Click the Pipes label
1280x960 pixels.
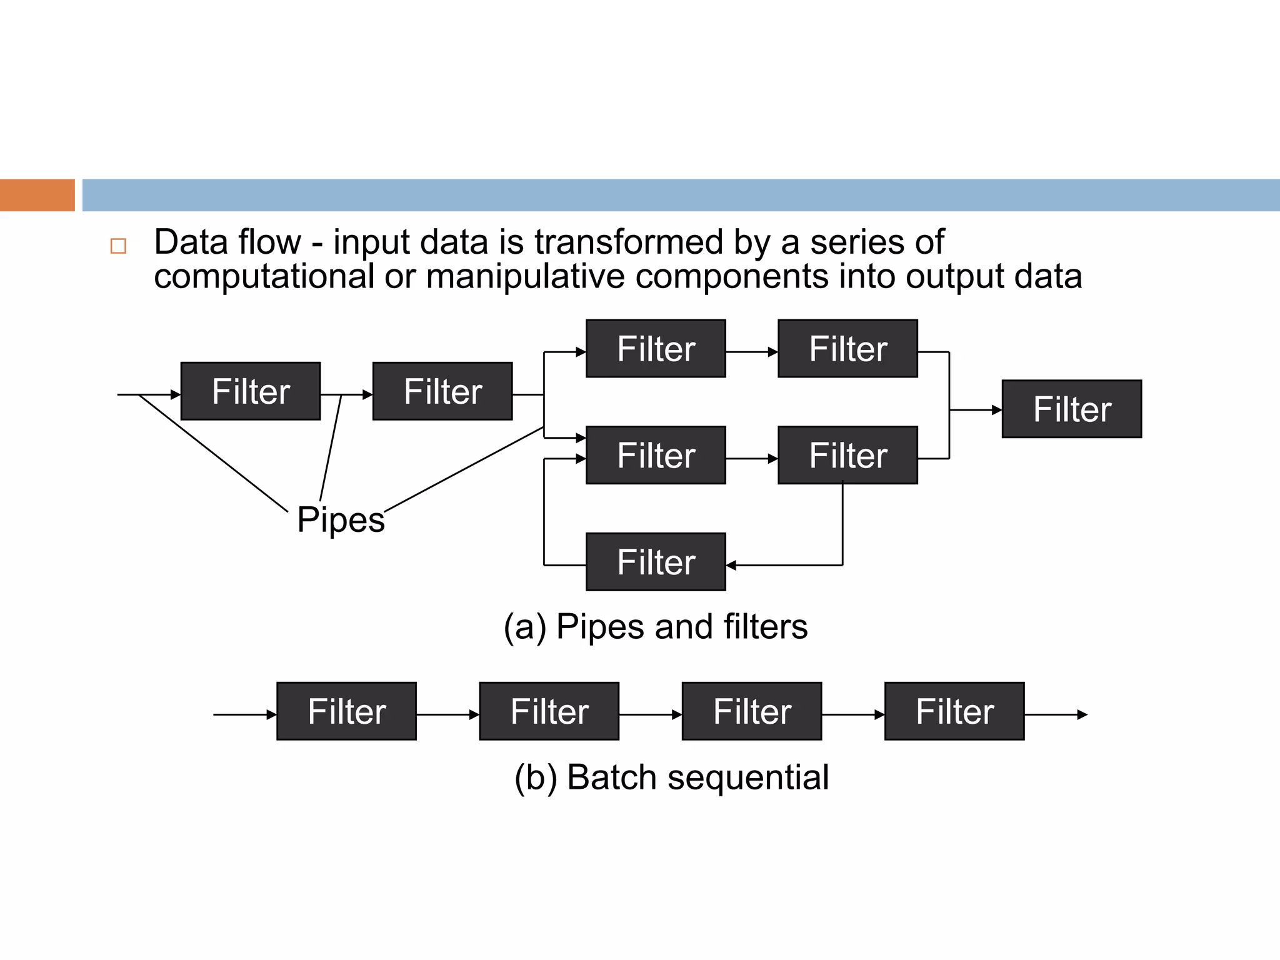pos(341,520)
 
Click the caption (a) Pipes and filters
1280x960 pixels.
pos(655,626)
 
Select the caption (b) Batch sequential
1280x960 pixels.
pos(671,777)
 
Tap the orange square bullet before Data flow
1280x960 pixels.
pos(118,246)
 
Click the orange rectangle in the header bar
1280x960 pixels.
pos(37,195)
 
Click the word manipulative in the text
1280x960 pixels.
pos(524,276)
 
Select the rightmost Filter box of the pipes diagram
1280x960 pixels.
pos(1071,409)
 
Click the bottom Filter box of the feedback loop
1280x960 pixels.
pos(656,561)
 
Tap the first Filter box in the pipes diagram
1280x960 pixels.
pos(251,391)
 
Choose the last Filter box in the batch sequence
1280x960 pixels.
pos(954,711)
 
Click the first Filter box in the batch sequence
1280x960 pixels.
pos(346,711)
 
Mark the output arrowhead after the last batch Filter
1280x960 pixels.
pos(1082,714)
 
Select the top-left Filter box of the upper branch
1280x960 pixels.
pos(656,348)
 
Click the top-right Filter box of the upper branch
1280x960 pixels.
pos(847,348)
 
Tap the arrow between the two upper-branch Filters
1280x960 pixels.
pos(752,352)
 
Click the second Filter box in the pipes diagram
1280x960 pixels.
pos(442,391)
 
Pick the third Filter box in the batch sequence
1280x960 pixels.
pos(752,711)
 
